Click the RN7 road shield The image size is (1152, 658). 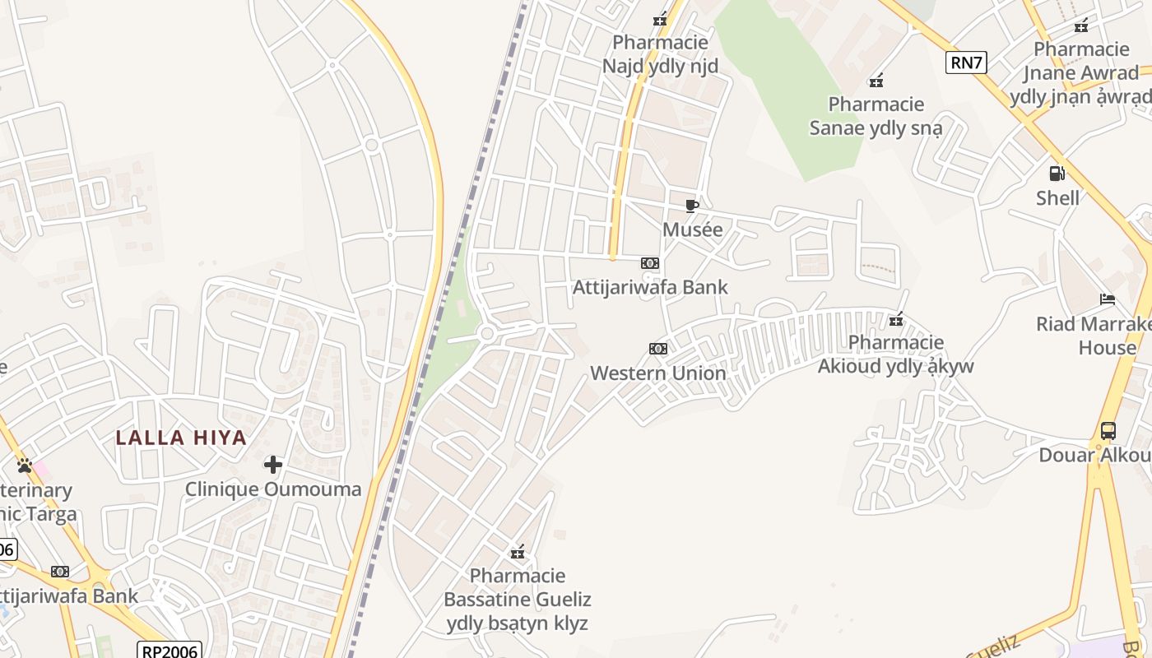(x=966, y=63)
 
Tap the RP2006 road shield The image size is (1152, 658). (x=170, y=651)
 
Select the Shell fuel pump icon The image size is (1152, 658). (x=1057, y=174)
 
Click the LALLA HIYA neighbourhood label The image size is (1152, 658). (x=181, y=438)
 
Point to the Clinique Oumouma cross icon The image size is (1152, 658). (x=273, y=466)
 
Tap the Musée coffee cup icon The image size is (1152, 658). (x=692, y=206)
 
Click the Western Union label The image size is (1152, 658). (x=658, y=373)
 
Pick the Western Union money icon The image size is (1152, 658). (x=657, y=349)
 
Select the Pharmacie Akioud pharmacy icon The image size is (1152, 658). (x=896, y=318)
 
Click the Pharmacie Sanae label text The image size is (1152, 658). (x=876, y=116)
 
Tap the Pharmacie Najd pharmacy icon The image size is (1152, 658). (x=660, y=19)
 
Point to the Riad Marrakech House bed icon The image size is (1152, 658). (x=1108, y=299)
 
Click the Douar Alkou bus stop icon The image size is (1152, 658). (x=1108, y=430)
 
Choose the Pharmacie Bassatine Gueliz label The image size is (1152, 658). (x=518, y=599)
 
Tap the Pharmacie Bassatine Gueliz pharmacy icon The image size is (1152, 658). (x=518, y=552)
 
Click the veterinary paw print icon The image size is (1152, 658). (x=25, y=466)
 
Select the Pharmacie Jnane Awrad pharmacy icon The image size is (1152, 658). (x=1081, y=25)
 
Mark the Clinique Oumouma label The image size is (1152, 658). (x=273, y=489)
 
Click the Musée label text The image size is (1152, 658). (x=693, y=229)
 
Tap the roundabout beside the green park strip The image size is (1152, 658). (x=486, y=333)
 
